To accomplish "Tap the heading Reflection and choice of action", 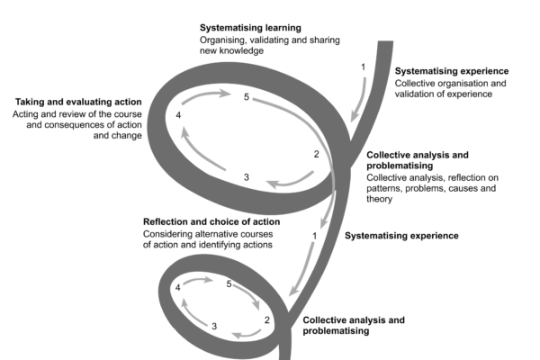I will [211, 221].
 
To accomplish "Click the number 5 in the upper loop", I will [246, 97].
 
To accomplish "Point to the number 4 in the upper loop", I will [179, 116].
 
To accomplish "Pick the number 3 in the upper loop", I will [247, 177].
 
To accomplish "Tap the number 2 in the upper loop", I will [316, 154].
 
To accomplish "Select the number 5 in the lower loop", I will [229, 284].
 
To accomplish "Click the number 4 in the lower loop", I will [178, 288].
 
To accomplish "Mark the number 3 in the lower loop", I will [213, 326].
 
